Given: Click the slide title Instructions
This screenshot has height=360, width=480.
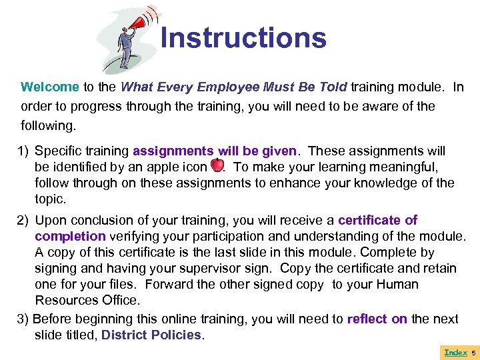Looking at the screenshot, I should click(x=243, y=38).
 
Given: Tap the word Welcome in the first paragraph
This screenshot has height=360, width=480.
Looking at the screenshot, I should click(x=50, y=87).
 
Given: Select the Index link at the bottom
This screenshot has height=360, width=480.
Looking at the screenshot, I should click(x=455, y=352).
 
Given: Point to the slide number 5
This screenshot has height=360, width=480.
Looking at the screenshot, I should click(x=474, y=352).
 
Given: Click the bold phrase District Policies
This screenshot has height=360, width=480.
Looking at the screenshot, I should click(x=151, y=335).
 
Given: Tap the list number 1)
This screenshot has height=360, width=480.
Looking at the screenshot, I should click(x=24, y=151).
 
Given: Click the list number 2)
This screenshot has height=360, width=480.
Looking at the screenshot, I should click(x=24, y=221).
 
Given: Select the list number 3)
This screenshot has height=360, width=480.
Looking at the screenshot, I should click(x=23, y=319).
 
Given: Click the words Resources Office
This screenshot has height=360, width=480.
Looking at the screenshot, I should click(x=87, y=301).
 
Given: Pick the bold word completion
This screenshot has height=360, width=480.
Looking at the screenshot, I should click(x=70, y=237).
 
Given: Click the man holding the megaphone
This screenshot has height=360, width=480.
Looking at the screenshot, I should click(x=124, y=47).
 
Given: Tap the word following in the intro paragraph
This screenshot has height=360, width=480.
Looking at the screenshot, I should click(x=47, y=125).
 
